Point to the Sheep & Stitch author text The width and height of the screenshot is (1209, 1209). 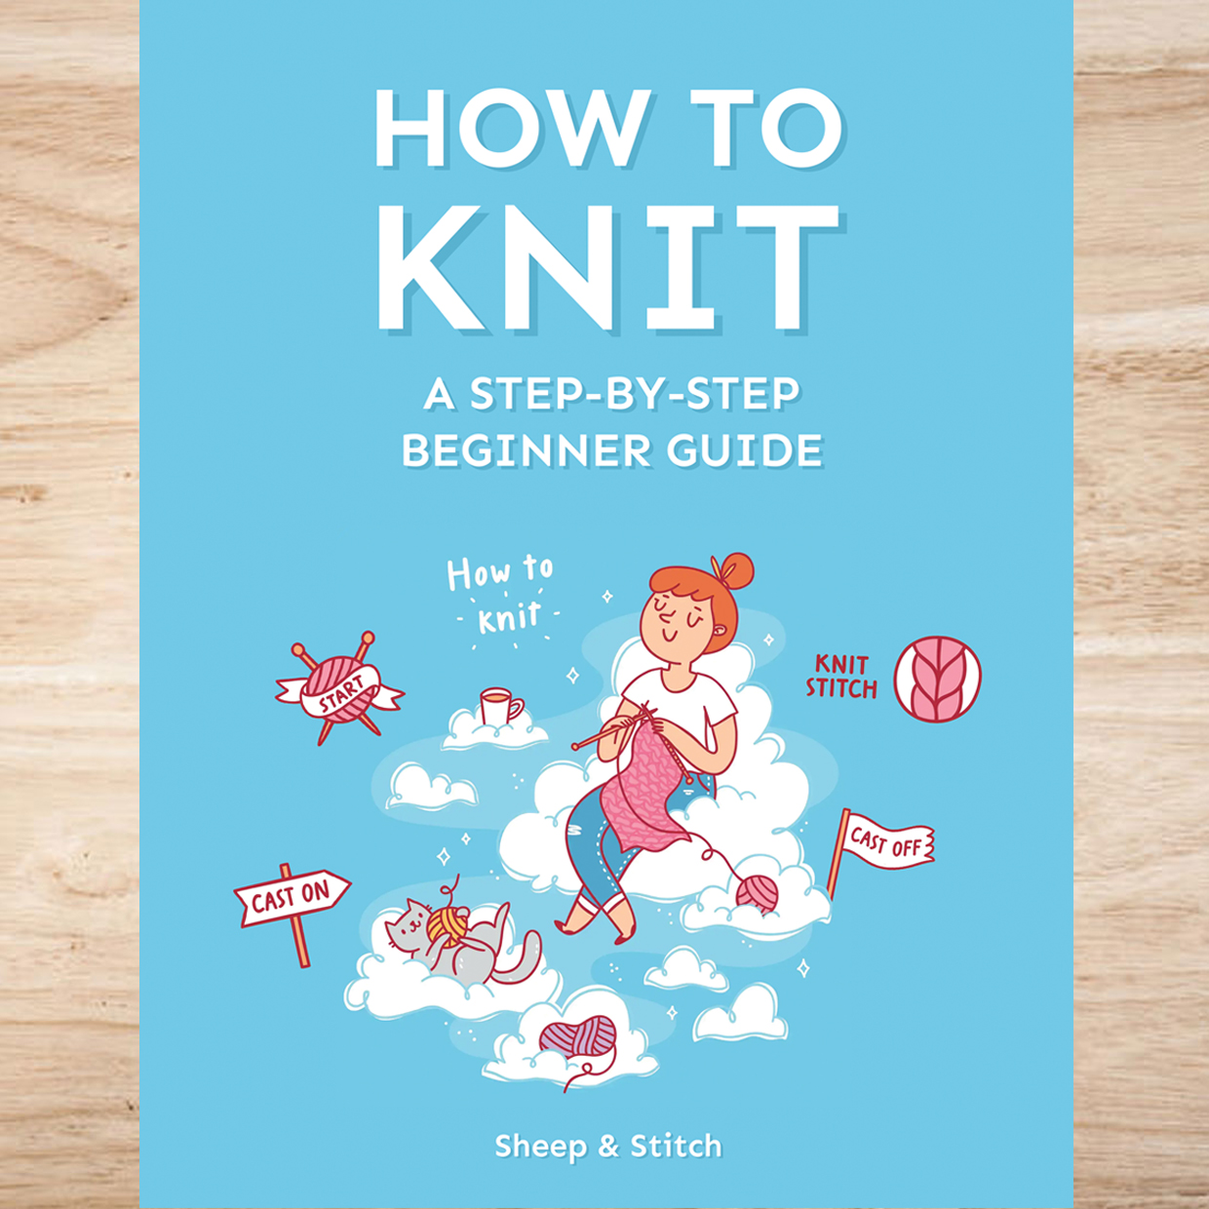point(607,1147)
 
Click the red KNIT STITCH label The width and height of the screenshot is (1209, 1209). point(840,677)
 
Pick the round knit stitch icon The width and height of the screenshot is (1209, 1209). point(937,679)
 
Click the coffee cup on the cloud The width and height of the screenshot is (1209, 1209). point(498,707)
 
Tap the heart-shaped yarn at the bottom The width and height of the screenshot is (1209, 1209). point(578,1037)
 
